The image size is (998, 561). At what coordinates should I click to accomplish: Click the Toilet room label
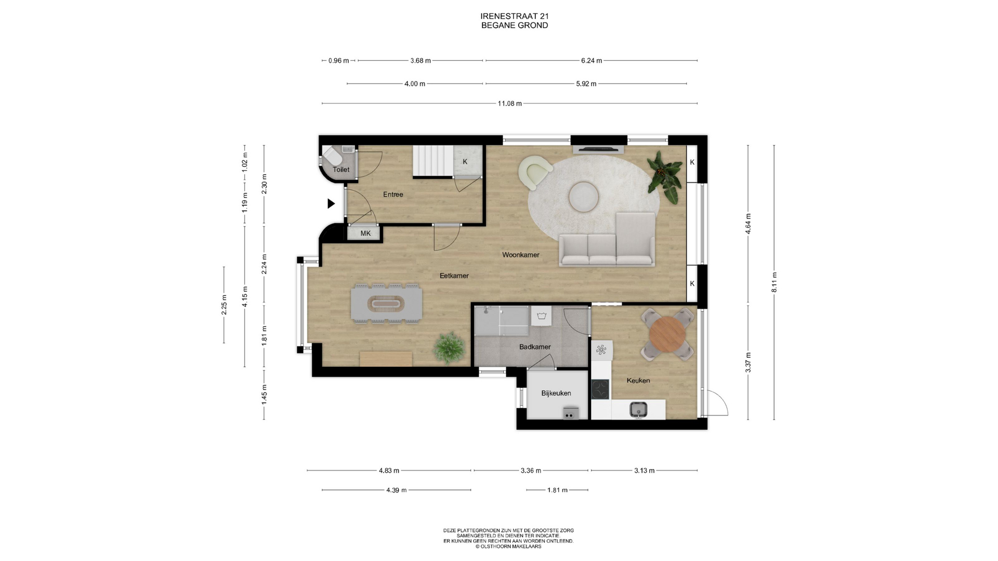(x=341, y=169)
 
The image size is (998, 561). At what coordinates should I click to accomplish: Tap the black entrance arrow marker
(x=331, y=204)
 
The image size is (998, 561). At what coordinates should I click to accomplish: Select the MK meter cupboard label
(x=365, y=233)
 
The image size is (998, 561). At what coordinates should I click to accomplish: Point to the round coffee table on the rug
(x=584, y=197)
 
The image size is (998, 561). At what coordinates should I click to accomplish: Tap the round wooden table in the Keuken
(x=667, y=334)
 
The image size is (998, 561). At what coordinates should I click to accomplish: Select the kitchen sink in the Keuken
(x=638, y=409)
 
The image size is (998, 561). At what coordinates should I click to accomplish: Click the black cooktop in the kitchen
(x=600, y=389)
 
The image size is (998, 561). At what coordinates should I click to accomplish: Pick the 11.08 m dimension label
(x=509, y=103)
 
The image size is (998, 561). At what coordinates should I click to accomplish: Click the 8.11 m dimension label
(x=774, y=282)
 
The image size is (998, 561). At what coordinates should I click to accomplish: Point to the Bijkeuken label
(x=556, y=393)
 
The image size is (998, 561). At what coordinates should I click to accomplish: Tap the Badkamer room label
(x=535, y=346)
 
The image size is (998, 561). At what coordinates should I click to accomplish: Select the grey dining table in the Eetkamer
(x=386, y=303)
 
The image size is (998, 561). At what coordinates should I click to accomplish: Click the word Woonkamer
(x=521, y=255)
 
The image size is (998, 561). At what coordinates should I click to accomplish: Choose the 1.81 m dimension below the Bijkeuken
(x=557, y=490)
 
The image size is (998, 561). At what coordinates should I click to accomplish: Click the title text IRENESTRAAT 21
(x=515, y=16)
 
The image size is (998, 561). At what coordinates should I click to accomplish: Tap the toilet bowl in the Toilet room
(x=331, y=155)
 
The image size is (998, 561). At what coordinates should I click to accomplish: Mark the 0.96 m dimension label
(x=339, y=60)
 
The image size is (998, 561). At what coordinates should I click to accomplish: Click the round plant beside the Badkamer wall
(x=448, y=348)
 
